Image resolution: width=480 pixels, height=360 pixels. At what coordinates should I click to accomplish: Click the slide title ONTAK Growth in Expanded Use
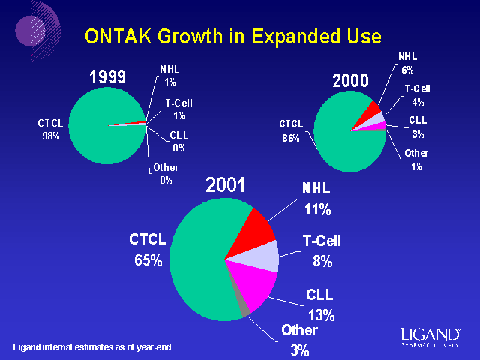tap(232, 36)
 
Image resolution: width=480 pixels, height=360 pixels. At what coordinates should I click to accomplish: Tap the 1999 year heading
tap(107, 77)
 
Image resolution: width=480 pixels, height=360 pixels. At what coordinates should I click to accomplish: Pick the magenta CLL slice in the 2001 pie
tap(252, 288)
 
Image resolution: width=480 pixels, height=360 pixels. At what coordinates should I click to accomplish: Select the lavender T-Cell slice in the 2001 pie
tap(263, 256)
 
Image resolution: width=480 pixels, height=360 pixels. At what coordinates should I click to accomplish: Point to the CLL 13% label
tap(320, 304)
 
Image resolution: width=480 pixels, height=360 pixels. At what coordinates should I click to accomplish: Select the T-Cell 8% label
tap(322, 250)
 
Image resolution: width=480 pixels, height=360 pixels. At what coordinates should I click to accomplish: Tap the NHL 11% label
tap(316, 197)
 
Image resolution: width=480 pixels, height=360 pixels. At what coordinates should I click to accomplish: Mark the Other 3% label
tap(299, 339)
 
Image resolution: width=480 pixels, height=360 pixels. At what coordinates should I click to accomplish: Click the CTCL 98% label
tap(50, 129)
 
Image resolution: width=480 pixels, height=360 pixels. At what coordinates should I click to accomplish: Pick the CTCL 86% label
tap(291, 130)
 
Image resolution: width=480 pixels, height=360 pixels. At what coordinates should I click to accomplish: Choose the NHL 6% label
tap(407, 62)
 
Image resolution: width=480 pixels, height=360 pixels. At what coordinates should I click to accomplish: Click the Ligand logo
tap(430, 335)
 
